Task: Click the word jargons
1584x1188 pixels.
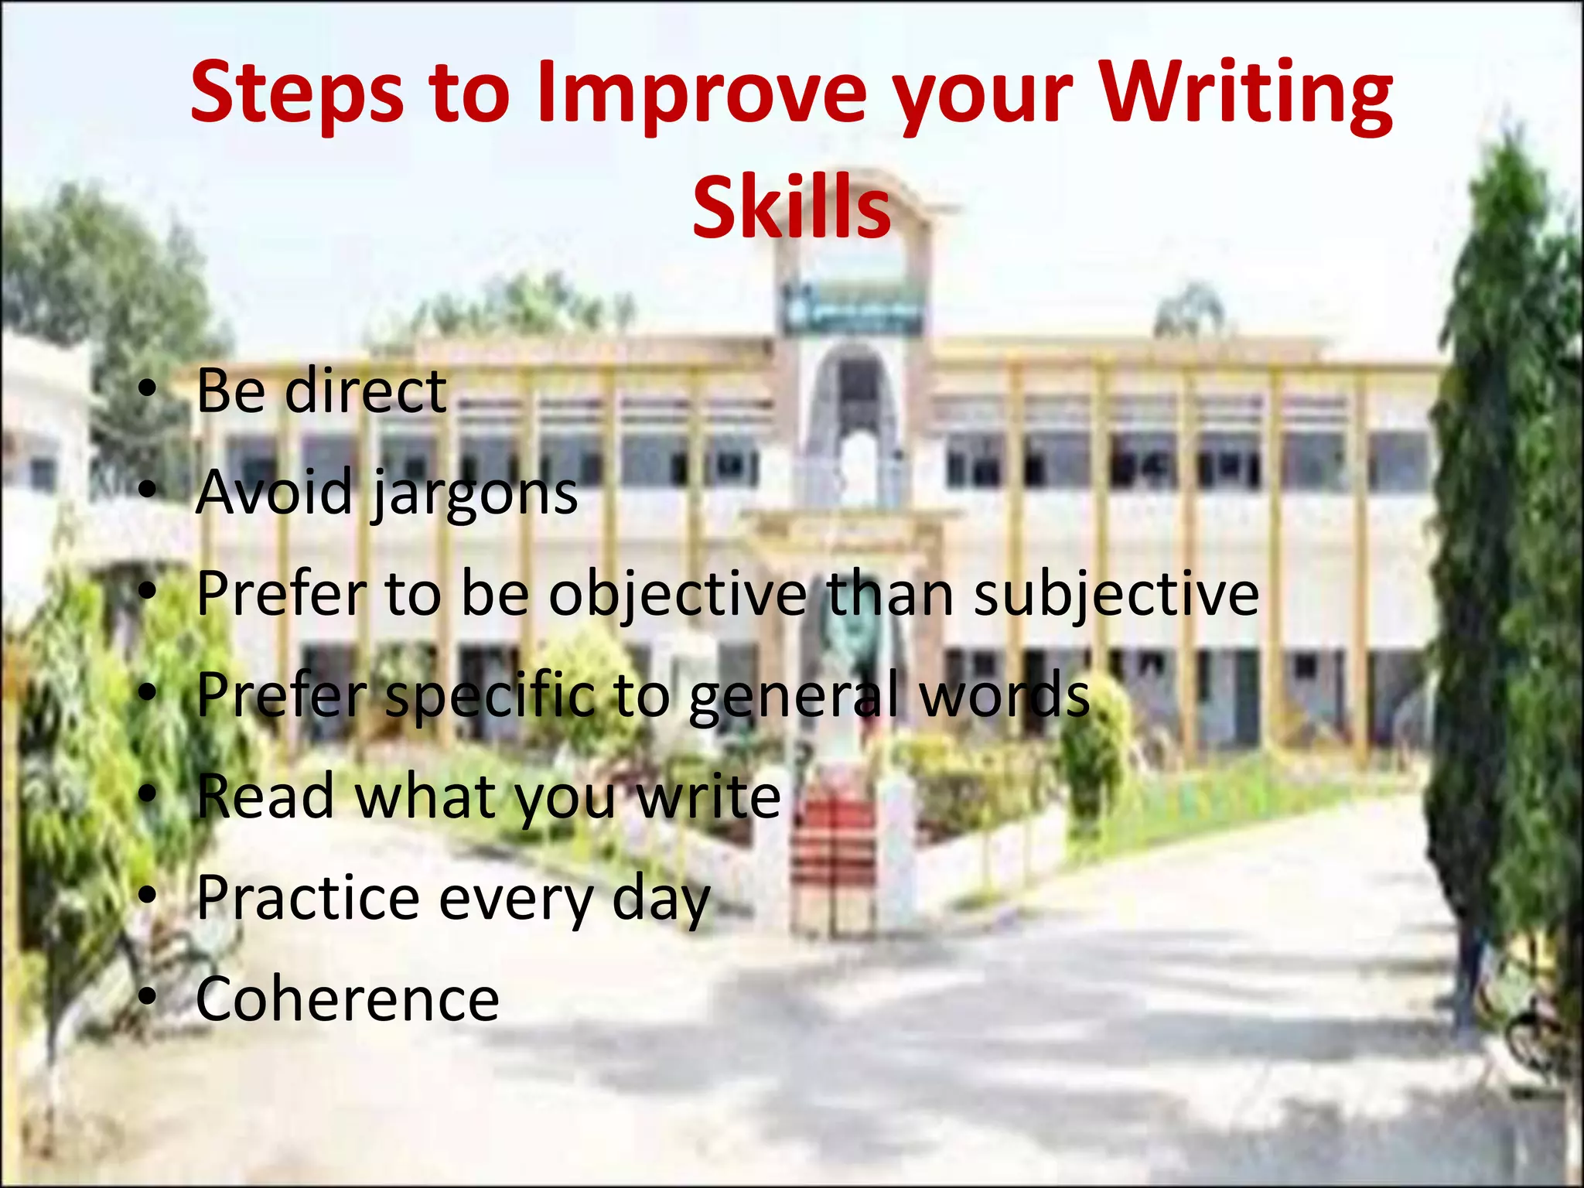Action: point(475,493)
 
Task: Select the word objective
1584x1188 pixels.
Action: point(678,594)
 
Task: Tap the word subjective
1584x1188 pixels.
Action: point(1116,594)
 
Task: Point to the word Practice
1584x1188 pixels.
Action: point(308,898)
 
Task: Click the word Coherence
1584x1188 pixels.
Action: point(348,999)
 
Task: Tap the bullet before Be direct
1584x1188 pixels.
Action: point(148,392)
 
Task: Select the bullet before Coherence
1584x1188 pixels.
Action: point(148,1000)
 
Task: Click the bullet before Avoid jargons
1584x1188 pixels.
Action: point(148,493)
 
